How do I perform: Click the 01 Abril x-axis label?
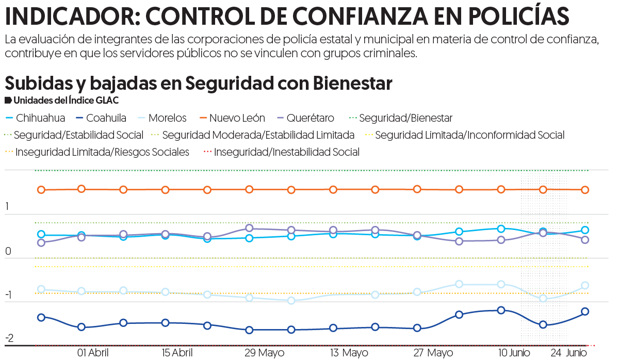[93, 353]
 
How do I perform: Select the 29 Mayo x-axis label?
[264, 353]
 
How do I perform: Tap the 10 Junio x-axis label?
[514, 353]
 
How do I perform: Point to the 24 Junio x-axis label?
[568, 353]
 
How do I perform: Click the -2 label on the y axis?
[9, 338]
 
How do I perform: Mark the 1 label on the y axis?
[7, 207]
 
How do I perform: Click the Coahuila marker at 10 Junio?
[500, 310]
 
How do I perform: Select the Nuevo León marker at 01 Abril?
[82, 189]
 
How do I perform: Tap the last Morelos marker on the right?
[585, 285]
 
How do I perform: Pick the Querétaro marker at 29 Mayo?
[249, 228]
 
